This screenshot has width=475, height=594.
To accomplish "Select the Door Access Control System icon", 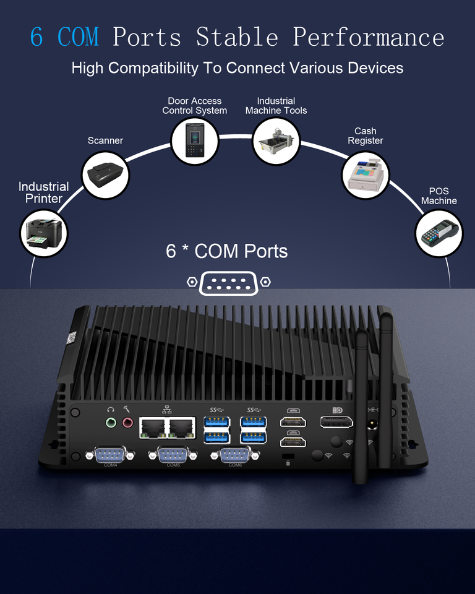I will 195,142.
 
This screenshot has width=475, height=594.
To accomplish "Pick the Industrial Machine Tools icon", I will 276,140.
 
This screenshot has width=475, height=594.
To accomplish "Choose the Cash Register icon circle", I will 366,176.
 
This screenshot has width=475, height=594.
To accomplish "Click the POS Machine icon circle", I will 439,233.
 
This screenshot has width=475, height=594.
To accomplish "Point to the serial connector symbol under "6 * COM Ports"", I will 229,283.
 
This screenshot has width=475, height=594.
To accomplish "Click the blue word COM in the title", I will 78,37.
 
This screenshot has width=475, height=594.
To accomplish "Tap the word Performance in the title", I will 369,37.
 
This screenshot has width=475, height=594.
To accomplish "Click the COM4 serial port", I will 111,455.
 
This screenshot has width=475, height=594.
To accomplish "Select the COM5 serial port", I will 174,456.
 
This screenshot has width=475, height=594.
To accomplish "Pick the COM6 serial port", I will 236,456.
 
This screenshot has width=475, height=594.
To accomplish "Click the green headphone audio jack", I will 111,423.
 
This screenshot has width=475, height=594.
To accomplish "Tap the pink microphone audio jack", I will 128,423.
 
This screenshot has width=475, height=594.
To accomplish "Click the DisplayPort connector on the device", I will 336,423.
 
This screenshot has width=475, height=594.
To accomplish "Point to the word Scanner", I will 105,140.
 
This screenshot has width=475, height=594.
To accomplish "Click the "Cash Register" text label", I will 366,136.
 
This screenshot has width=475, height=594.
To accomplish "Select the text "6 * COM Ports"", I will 227,251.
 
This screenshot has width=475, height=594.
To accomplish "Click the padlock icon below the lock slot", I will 288,463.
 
